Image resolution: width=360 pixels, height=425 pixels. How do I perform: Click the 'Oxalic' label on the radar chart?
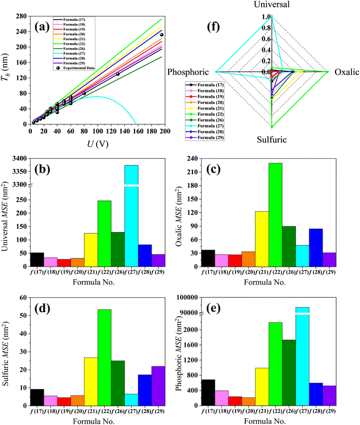(x=346, y=72)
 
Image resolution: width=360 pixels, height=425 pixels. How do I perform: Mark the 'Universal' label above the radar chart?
(x=271, y=5)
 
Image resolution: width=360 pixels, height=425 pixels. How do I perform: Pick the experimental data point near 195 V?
(x=162, y=35)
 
